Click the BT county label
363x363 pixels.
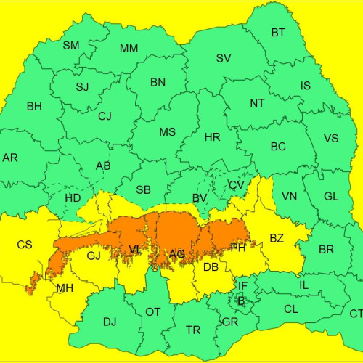click(x=278, y=33)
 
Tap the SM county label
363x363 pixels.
click(x=71, y=46)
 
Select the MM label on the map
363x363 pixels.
click(x=129, y=49)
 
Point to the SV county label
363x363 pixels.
click(x=224, y=58)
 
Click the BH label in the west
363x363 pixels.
click(x=34, y=107)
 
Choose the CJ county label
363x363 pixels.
click(x=105, y=116)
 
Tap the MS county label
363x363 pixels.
click(x=167, y=132)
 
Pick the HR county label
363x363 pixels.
click(x=212, y=137)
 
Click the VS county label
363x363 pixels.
click(x=330, y=139)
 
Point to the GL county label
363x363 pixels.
click(x=331, y=197)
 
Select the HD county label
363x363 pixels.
click(x=73, y=198)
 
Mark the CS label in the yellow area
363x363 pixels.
click(x=25, y=245)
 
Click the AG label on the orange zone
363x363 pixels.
click(x=176, y=254)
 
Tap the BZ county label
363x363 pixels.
click(x=277, y=238)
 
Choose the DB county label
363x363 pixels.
click(x=211, y=267)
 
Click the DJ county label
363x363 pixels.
click(x=110, y=321)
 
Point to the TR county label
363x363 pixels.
click(x=193, y=330)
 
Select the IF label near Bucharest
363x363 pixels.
click(x=243, y=287)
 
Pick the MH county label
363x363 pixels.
click(x=65, y=289)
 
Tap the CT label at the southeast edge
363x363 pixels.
click(x=355, y=314)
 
